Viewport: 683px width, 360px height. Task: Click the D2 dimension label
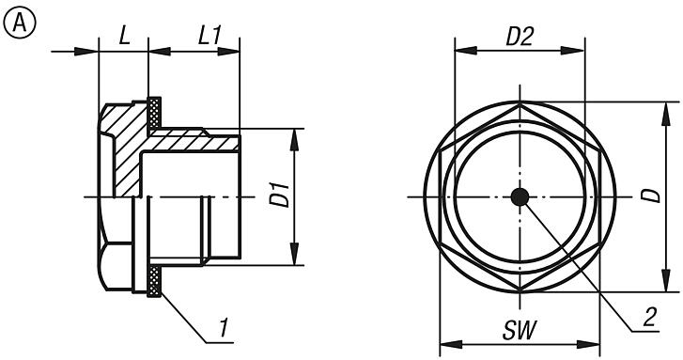pyautogui.click(x=519, y=37)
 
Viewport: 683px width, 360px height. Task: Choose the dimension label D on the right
pyautogui.click(x=648, y=196)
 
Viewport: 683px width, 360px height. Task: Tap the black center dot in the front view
pyautogui.click(x=519, y=196)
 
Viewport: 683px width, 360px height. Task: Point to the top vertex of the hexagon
pyautogui.click(x=519, y=105)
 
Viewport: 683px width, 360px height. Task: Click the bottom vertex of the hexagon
pyautogui.click(x=519, y=288)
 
